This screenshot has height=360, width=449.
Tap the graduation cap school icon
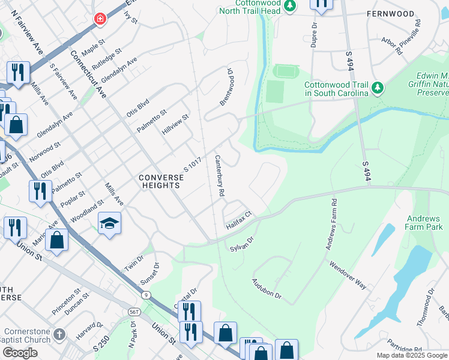[x=109, y=224]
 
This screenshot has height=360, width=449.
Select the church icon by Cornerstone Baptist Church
[x=58, y=334]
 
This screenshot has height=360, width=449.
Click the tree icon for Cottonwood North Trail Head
[x=291, y=5]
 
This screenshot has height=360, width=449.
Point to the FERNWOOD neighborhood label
[x=391, y=14]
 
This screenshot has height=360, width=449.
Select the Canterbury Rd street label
[x=219, y=176]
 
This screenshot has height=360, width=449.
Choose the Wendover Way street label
[x=347, y=275]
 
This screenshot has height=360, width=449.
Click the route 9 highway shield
[x=146, y=295]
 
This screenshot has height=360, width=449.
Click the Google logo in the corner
[x=20, y=353]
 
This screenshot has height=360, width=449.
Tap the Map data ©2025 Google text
[x=411, y=355]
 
